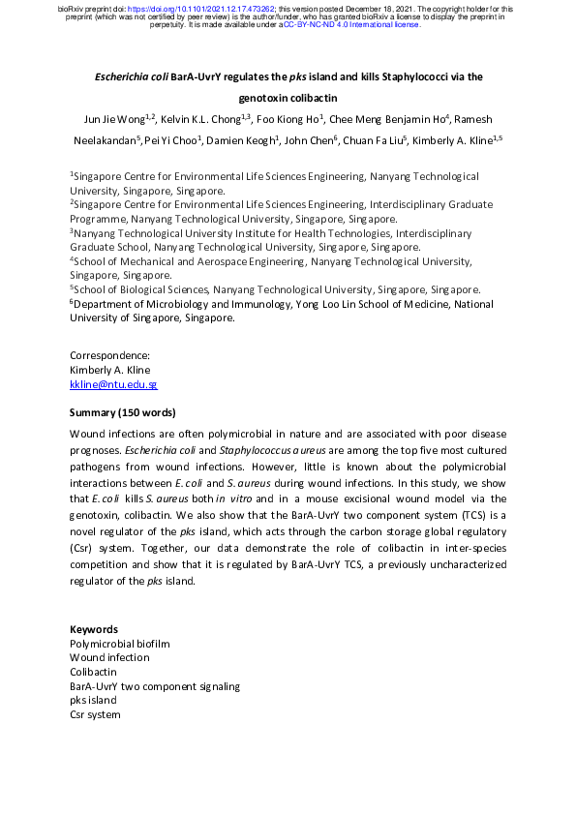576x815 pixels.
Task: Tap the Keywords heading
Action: [x=94, y=629]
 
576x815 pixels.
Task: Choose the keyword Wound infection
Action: [x=109, y=657]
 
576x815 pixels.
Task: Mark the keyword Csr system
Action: [x=95, y=714]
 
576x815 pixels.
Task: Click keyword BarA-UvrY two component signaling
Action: [x=155, y=686]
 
